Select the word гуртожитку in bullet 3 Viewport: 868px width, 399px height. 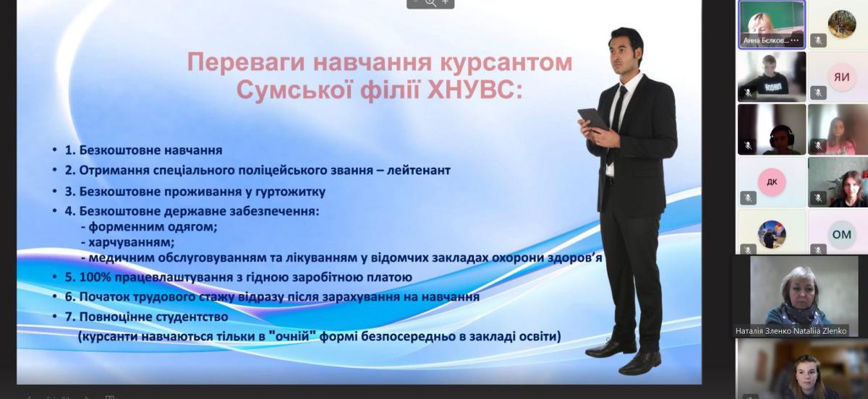[x=286, y=192]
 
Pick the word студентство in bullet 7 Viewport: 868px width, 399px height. [x=192, y=317]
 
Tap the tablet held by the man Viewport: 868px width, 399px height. [x=592, y=119]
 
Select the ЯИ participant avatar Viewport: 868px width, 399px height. [x=841, y=77]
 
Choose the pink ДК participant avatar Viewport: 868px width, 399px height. [x=772, y=181]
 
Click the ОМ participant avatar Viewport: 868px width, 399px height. [x=842, y=234]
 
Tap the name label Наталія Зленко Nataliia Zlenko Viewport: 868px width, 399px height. [x=791, y=331]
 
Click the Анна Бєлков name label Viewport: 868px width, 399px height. [x=766, y=40]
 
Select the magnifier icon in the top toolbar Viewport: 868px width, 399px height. [x=430, y=3]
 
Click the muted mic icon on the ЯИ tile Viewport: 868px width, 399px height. [x=818, y=93]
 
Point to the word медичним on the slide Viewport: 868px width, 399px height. [x=121, y=258]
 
